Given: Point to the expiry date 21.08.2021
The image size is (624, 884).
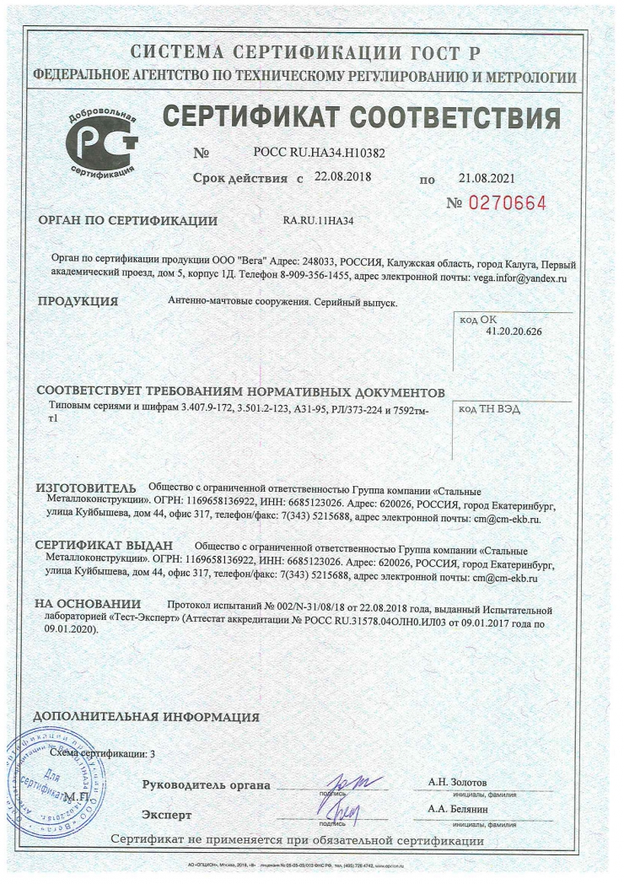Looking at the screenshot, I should click(486, 179).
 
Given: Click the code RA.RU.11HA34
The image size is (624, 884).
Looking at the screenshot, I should click(318, 221).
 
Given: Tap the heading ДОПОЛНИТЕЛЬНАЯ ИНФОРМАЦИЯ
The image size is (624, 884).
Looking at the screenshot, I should click(145, 717).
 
